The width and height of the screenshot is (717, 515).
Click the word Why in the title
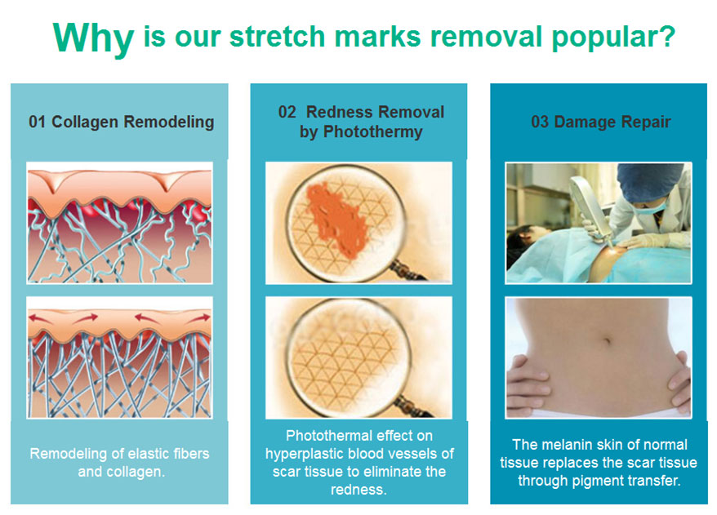(93, 38)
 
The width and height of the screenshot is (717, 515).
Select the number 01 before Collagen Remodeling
(37, 122)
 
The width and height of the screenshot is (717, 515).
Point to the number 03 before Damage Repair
(540, 122)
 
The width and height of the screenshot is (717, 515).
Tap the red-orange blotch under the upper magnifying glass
(336, 220)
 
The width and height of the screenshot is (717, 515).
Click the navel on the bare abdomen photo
(606, 342)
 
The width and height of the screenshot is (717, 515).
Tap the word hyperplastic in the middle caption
(306, 455)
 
